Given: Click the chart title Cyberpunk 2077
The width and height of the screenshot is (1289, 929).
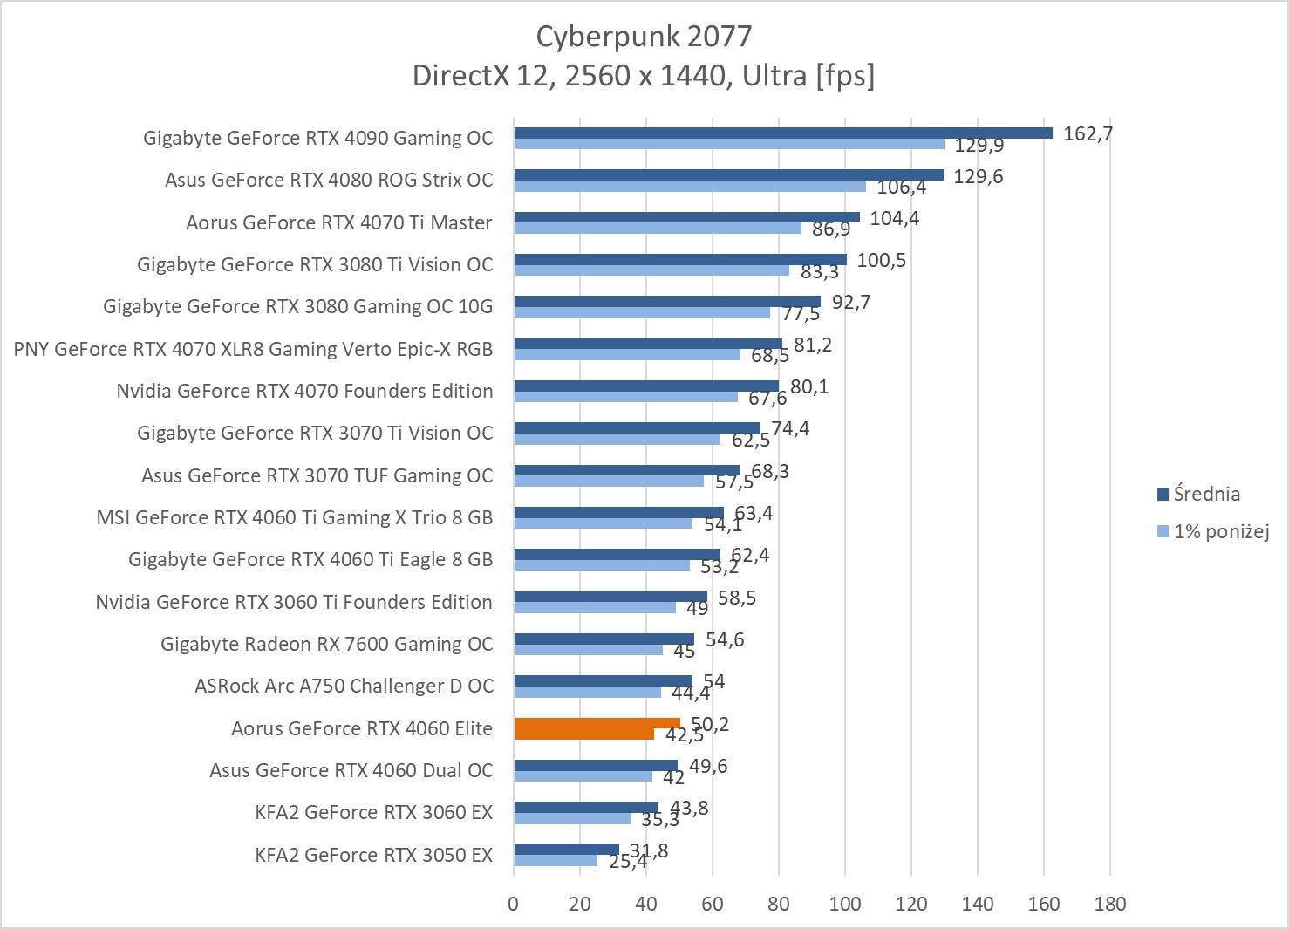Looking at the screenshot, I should click(x=644, y=36).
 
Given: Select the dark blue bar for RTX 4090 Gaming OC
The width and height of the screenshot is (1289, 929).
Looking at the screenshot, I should click(x=782, y=133).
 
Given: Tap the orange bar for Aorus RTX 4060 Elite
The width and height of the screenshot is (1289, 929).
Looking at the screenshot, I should click(x=597, y=723).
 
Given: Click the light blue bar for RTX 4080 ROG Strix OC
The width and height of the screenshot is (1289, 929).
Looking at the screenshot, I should click(x=689, y=186).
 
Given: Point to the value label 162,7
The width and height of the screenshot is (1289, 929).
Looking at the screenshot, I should click(x=1088, y=133).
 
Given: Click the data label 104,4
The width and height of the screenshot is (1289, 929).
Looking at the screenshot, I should click(x=894, y=218).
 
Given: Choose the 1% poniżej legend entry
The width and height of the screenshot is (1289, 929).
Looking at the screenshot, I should click(x=1220, y=530).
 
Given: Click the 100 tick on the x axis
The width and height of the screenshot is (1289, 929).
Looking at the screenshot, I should click(x=844, y=903).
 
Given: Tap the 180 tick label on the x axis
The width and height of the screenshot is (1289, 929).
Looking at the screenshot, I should click(x=1109, y=903).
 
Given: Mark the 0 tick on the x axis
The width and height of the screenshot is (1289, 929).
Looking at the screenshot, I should click(x=513, y=903).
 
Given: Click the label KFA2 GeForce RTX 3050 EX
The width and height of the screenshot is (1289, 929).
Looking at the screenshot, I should click(x=373, y=855).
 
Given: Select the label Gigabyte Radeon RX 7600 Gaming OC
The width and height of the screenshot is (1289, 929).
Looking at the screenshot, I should click(x=326, y=644).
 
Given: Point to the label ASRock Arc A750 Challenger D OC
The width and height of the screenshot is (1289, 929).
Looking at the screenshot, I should click(x=344, y=686).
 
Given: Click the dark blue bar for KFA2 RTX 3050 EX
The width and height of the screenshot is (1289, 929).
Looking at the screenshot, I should click(x=566, y=850).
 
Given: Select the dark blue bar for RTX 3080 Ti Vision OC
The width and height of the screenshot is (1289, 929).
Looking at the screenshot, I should click(x=679, y=259).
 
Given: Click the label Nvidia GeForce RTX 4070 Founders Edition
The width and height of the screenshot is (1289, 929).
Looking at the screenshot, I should click(x=304, y=391).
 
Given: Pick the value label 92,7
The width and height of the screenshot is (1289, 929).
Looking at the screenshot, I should click(x=851, y=303).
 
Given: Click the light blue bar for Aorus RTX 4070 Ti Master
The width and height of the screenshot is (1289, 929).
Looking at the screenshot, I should click(x=657, y=228).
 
